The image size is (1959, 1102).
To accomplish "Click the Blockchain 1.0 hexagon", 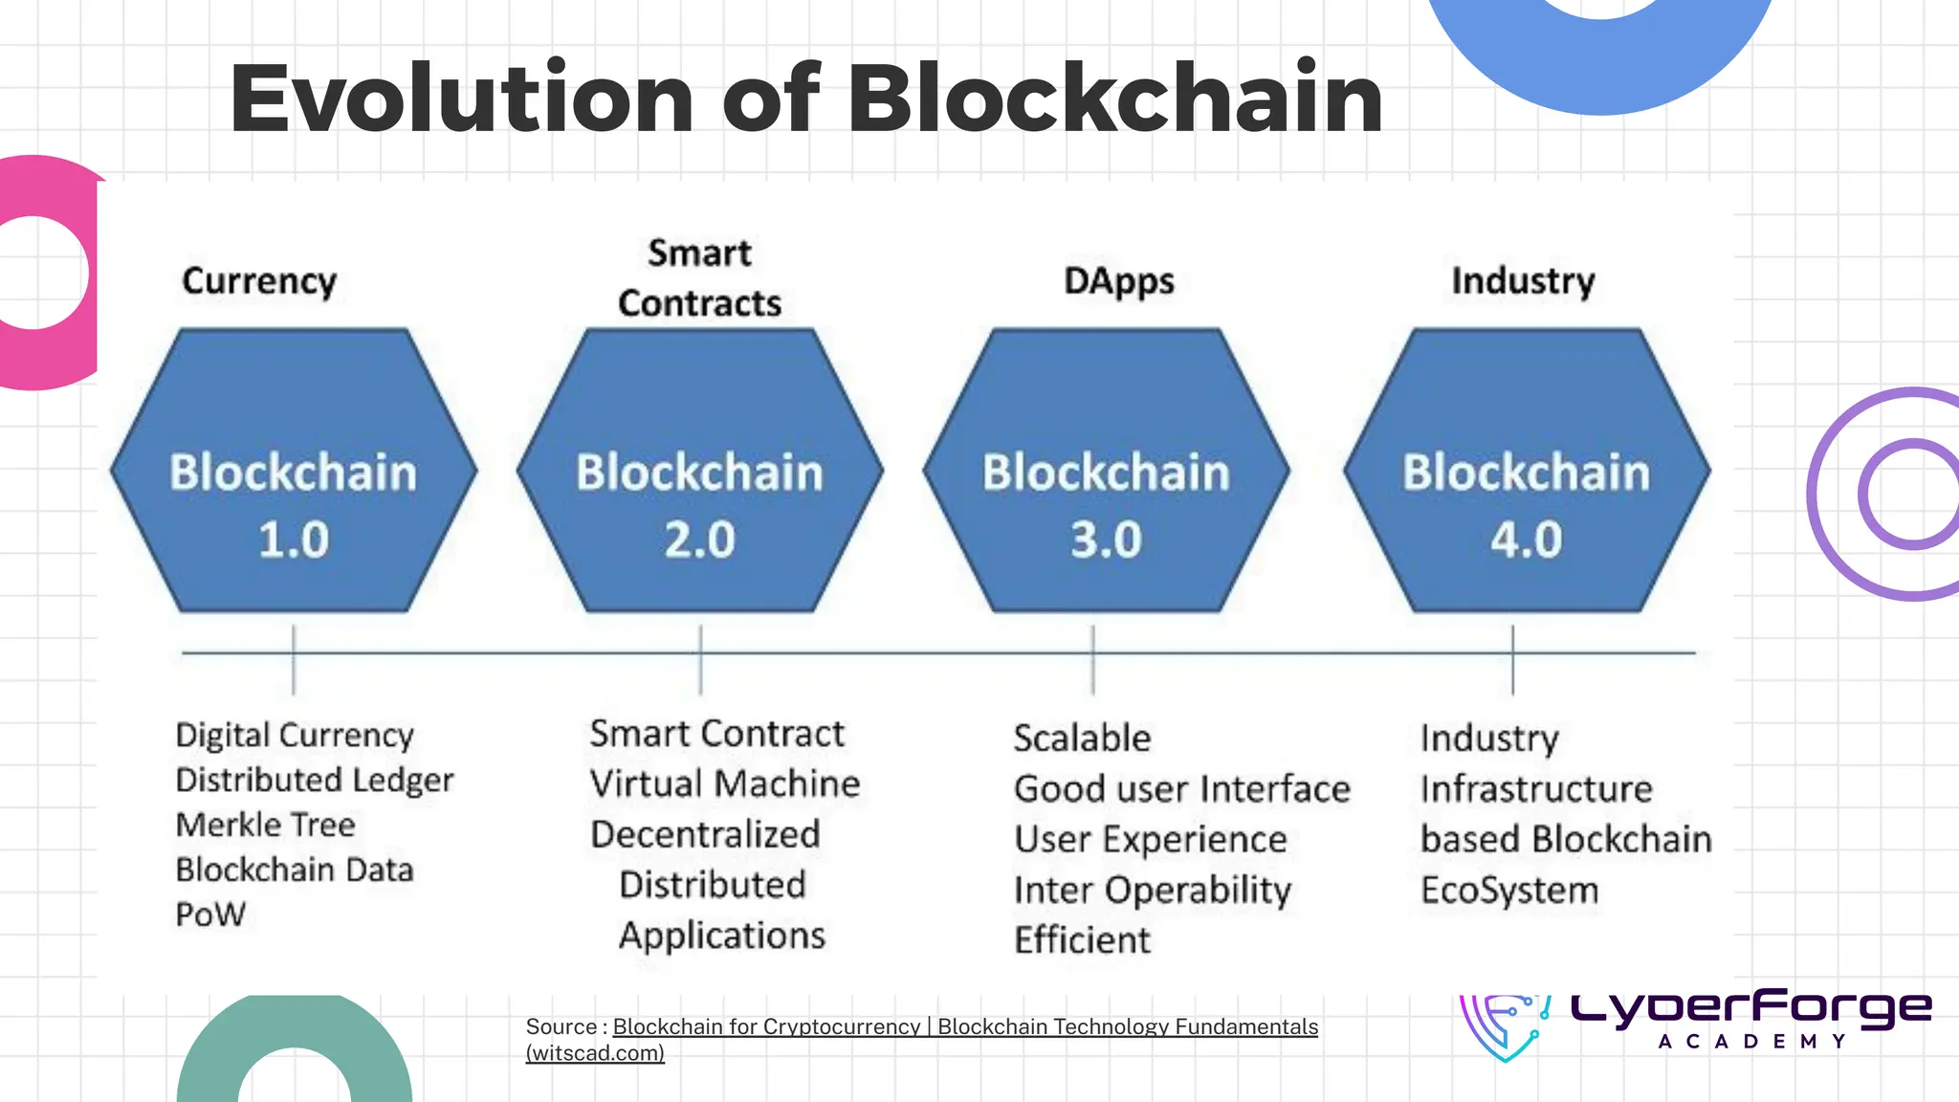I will tap(293, 471).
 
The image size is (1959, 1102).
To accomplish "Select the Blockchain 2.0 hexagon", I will tap(699, 471).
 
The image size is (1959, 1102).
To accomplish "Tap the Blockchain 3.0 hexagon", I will tap(1106, 471).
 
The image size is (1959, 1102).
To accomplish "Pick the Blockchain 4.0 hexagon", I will tap(1526, 471).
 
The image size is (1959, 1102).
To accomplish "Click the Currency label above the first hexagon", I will tap(259, 281).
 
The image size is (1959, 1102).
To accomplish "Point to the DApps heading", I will tap(1118, 281).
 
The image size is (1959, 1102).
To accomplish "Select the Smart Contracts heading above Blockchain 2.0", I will tap(699, 277).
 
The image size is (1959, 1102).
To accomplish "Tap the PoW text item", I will tap(210, 915).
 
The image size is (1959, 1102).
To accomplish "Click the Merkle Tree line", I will tap(265, 825).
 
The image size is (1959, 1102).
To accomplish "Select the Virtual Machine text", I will tap(724, 784).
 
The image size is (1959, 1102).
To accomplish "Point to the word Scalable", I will tap(1082, 738).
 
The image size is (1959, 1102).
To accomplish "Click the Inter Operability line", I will tap(1152, 891).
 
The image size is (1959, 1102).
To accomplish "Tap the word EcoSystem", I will tap(1508, 891).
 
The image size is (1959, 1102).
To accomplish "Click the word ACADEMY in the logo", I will tap(1751, 1042).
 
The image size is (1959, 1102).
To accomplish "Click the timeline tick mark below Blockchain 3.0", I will tap(1092, 659).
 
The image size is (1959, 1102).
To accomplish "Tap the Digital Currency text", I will tap(295, 736).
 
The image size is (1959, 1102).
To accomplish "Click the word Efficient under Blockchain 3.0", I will tap(1082, 940).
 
